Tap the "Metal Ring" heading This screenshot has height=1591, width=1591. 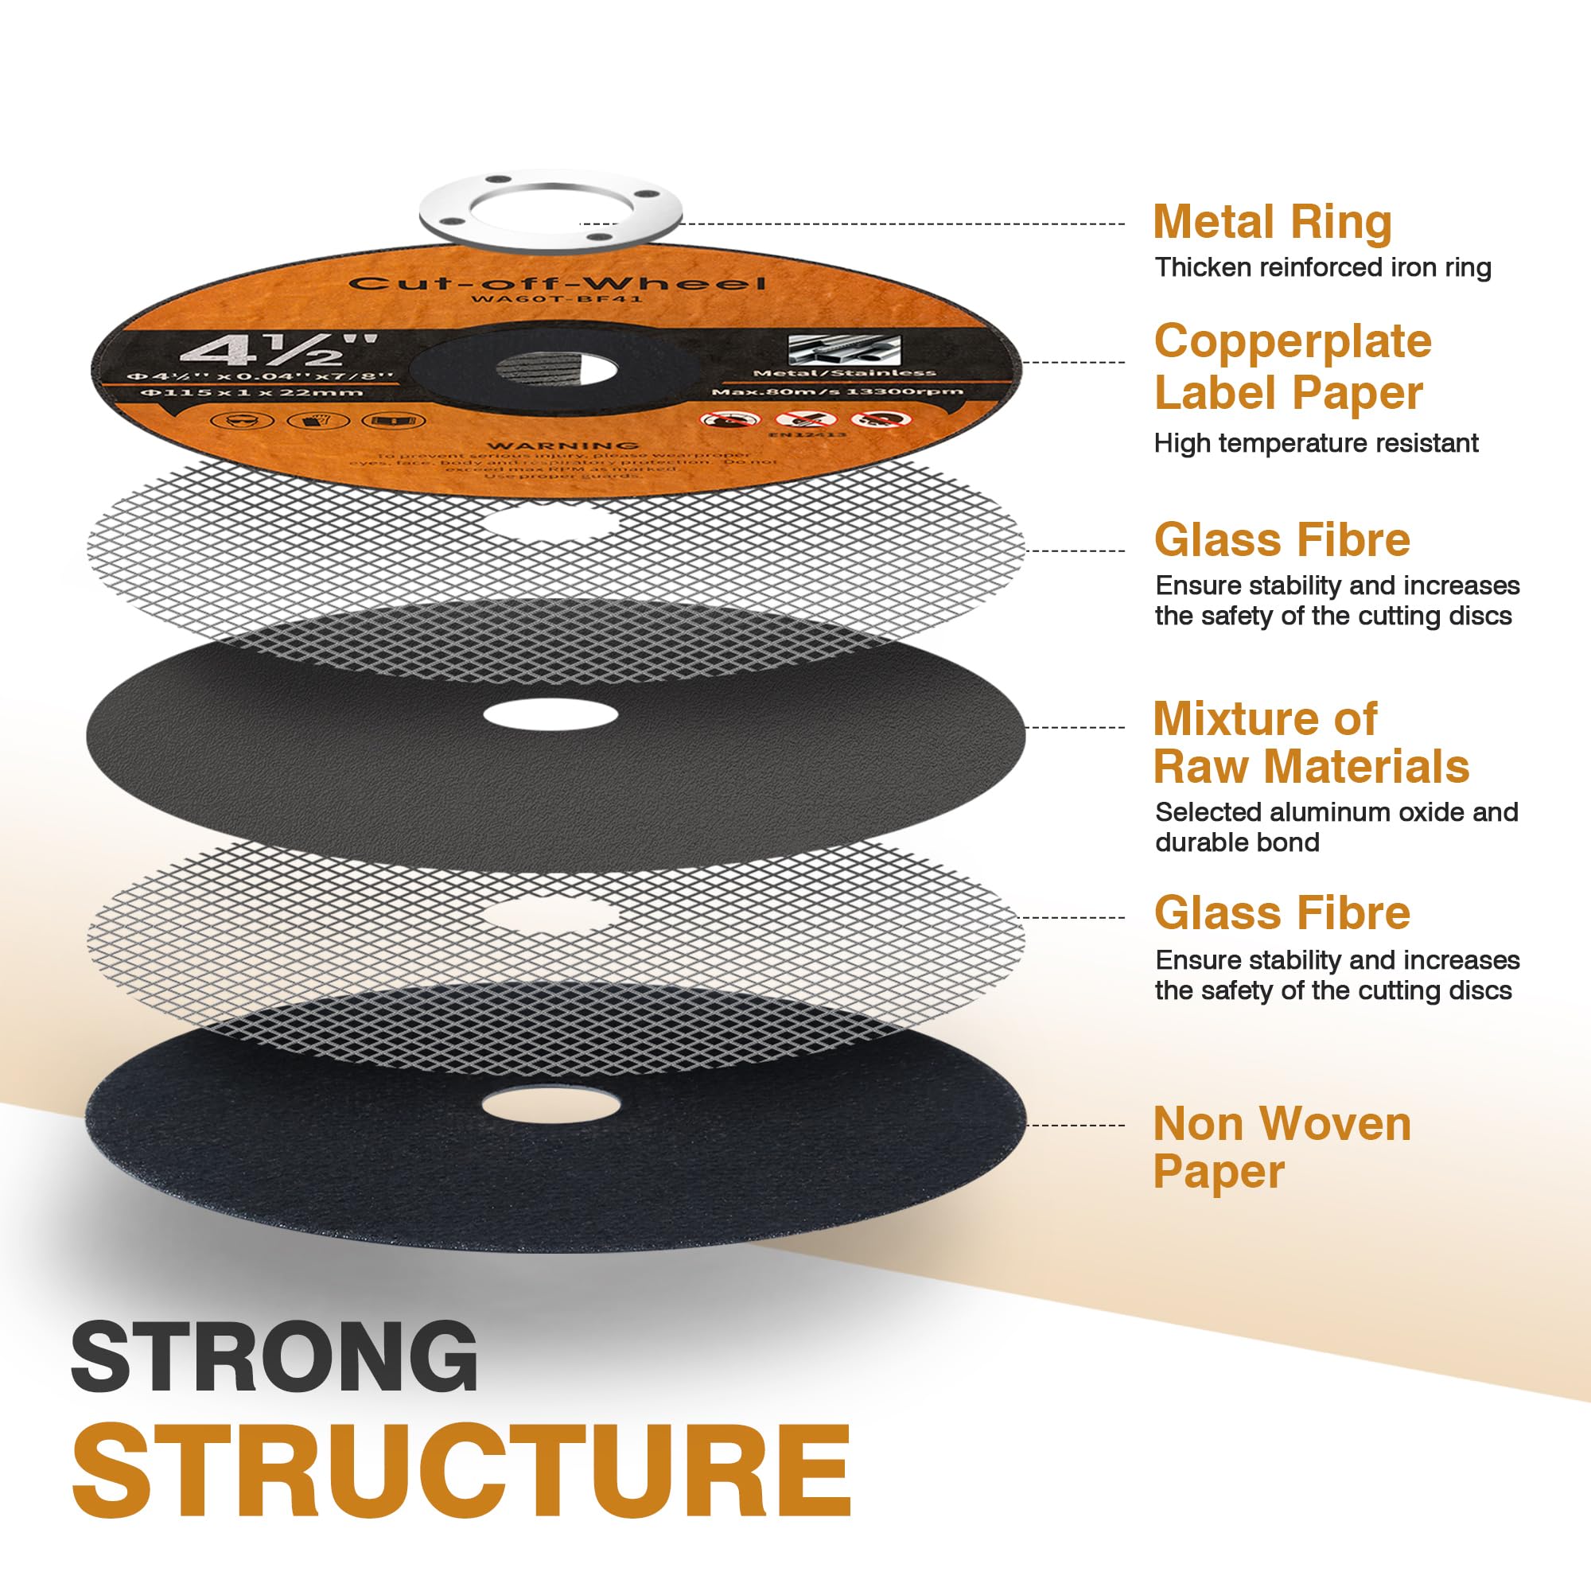[x=1271, y=223]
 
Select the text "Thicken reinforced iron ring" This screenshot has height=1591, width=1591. [x=1323, y=267]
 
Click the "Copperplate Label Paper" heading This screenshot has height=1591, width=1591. [x=1292, y=367]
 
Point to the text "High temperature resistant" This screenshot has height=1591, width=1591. [x=1316, y=443]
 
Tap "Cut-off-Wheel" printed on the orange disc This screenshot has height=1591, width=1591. [x=557, y=283]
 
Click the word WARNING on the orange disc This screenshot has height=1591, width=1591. [x=563, y=446]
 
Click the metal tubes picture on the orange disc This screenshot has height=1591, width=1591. [x=843, y=350]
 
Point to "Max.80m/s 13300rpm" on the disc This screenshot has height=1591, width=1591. [x=837, y=391]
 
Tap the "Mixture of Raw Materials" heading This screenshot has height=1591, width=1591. [x=1310, y=743]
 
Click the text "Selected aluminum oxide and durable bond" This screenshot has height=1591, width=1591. [x=1336, y=827]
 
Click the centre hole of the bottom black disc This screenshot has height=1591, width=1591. [x=551, y=1106]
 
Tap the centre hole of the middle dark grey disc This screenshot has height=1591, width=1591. [x=550, y=715]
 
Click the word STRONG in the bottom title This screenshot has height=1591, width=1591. [x=274, y=1356]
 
